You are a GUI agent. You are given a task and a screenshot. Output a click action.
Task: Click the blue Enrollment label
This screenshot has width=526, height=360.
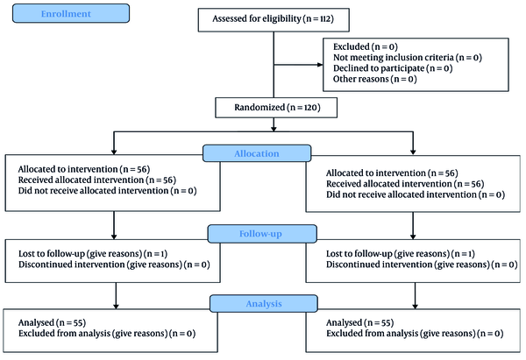71,13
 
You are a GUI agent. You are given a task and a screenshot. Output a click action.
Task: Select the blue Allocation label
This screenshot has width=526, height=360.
257,153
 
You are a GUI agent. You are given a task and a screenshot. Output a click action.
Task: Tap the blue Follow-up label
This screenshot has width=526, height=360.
262,234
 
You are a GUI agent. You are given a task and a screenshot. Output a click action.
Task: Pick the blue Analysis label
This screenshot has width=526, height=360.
264,304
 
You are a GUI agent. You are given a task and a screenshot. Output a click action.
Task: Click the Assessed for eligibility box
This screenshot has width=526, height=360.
274,20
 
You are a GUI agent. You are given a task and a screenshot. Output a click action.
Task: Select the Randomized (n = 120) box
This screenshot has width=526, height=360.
276,108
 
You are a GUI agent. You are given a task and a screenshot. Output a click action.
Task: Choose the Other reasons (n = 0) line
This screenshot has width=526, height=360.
375,79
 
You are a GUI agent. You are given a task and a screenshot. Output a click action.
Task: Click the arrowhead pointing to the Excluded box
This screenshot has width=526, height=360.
320,65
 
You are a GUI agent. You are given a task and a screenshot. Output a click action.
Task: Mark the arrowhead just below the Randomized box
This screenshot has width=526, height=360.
274,129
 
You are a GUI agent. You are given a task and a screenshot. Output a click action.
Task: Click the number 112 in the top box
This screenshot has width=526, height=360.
324,18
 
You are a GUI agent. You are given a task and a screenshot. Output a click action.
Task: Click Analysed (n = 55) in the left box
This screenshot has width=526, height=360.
52,323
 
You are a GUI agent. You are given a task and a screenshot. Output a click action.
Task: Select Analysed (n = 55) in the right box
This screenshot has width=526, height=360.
360,323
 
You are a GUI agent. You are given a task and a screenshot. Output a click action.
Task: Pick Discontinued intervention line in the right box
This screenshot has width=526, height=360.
422,265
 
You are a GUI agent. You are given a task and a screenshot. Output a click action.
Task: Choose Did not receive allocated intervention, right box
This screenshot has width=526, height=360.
416,194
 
